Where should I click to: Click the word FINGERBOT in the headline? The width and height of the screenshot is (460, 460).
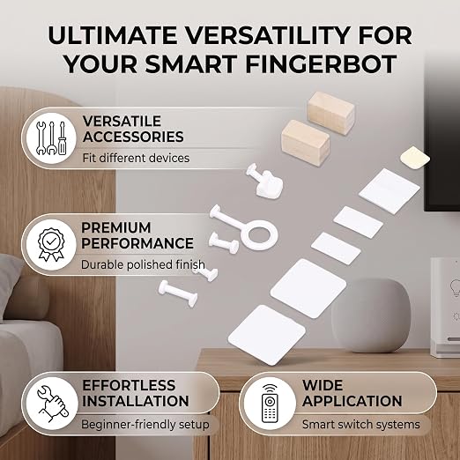point(321,64)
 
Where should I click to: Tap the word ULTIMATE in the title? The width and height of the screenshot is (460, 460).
point(112,35)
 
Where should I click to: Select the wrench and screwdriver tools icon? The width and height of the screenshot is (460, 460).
point(51,138)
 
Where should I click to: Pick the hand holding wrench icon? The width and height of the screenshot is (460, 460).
point(52,404)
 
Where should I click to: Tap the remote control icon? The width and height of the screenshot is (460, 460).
point(270,404)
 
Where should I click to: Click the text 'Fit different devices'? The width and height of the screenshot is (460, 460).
point(136,158)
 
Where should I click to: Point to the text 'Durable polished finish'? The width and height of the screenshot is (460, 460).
point(143,264)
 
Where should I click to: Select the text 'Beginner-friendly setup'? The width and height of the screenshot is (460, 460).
point(145,425)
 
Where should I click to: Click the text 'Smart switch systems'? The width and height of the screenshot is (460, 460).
point(361,425)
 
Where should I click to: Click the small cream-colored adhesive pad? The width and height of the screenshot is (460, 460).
point(415,158)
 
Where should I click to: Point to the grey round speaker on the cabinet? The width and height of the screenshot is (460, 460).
point(371,315)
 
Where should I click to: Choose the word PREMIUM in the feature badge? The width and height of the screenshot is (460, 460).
point(116,227)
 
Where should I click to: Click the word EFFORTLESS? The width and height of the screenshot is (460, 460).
point(129,385)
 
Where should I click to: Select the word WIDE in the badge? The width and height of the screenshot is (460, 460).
point(323,385)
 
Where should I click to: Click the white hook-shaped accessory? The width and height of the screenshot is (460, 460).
point(265,180)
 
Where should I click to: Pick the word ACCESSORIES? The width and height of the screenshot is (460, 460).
point(133,137)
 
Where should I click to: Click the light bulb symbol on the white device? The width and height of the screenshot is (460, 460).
point(456,288)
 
